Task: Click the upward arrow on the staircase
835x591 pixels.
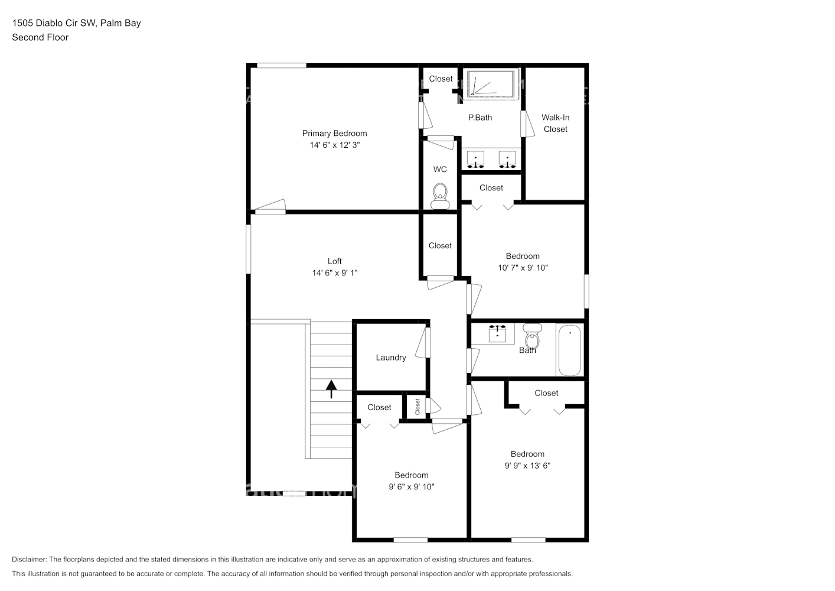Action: coord(331,388)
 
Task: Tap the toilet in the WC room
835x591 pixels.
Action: coord(440,195)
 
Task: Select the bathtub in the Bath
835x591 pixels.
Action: coord(570,350)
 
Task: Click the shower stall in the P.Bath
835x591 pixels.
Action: coord(491,83)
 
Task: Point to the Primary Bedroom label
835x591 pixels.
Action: coord(334,134)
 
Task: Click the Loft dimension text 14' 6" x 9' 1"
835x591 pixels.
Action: coord(335,273)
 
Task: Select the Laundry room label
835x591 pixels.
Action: coord(390,358)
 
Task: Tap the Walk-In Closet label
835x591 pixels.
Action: coord(555,124)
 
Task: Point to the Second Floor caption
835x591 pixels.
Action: coord(40,37)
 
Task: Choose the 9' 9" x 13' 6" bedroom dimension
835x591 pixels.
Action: coord(527,466)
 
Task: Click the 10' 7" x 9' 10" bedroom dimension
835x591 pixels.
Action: coord(523,268)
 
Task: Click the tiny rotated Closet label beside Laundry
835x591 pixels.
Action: coord(417,407)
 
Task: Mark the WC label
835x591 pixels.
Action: coord(440,170)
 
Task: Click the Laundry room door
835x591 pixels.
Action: coord(423,342)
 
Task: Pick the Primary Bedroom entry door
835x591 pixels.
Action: coord(270,207)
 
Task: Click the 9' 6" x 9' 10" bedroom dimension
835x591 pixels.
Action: coord(411,487)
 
